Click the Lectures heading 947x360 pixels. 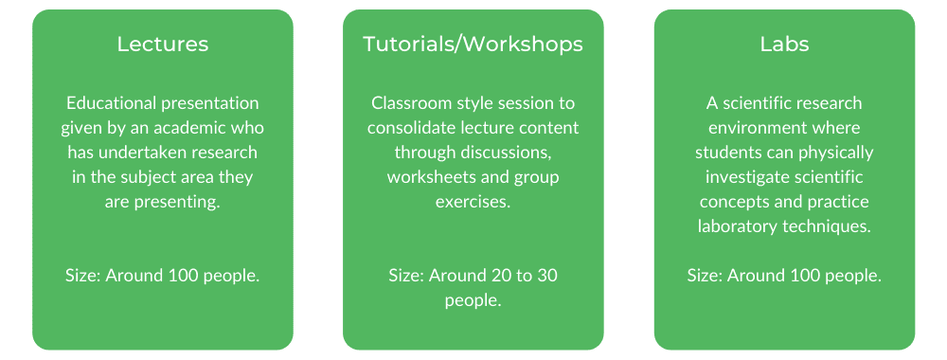pyautogui.click(x=163, y=45)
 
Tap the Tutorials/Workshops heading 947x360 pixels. pyautogui.click(x=473, y=45)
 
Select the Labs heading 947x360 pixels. pyautogui.click(x=784, y=45)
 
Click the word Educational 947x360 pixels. pyautogui.click(x=111, y=103)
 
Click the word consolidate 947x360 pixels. pyautogui.click(x=406, y=128)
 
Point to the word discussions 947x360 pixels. pyautogui.click(x=508, y=153)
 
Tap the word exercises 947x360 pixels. pyautogui.click(x=473, y=202)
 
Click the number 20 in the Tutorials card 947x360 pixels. pyautogui.click(x=498, y=276)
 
